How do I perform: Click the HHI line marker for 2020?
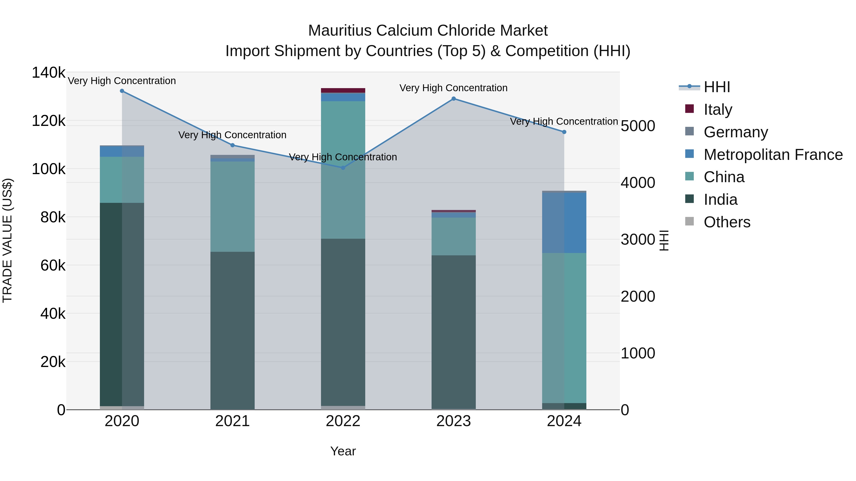point(122,91)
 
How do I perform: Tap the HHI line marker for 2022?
point(343,168)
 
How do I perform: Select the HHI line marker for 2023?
point(454,99)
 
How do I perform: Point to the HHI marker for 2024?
point(564,132)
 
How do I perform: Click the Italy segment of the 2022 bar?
point(343,90)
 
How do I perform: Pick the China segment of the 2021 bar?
point(232,206)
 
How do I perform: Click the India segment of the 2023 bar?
point(454,332)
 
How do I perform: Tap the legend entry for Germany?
point(735,132)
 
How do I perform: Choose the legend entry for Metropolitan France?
point(773,155)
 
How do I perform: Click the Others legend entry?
point(727,222)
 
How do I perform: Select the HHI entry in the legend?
point(717,87)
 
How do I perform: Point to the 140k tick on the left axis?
point(49,72)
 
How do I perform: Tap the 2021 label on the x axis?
point(232,421)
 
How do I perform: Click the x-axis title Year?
point(343,451)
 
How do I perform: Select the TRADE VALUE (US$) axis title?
point(8,240)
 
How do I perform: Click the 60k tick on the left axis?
point(53,265)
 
